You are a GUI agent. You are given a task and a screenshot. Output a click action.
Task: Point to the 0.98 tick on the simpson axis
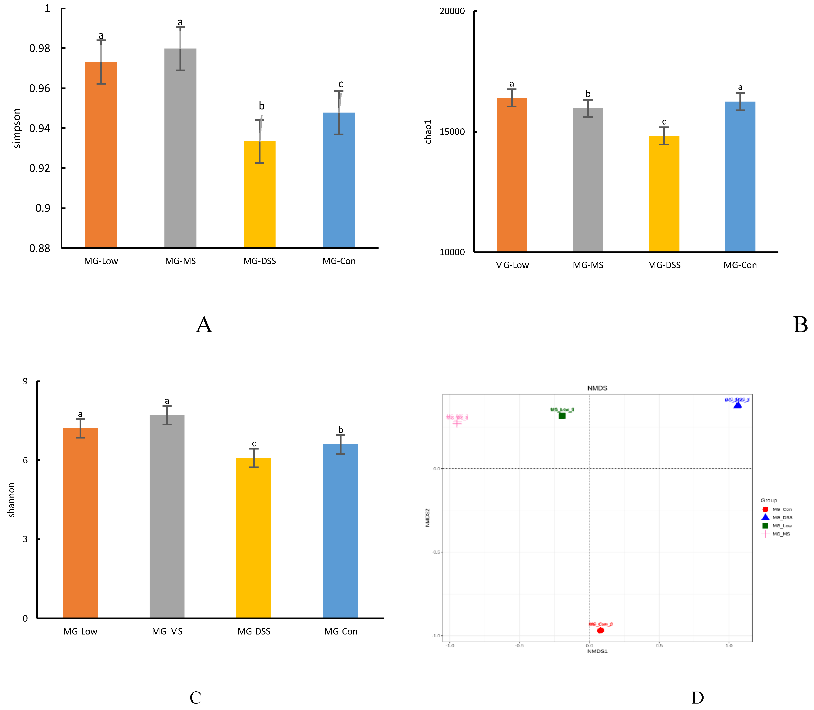point(40,48)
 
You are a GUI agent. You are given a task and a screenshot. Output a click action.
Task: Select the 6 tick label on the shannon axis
point(25,460)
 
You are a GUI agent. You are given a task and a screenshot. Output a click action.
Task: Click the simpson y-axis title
point(17,128)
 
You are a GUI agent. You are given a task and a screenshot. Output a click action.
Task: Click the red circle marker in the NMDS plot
point(600,630)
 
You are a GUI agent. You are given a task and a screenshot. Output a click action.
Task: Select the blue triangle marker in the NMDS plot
point(737,405)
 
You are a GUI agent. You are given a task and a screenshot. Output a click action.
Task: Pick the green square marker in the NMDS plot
point(562,416)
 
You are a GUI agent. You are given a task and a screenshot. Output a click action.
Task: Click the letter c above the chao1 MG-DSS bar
point(664,122)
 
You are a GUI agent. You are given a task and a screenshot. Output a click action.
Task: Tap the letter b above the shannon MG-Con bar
point(340,430)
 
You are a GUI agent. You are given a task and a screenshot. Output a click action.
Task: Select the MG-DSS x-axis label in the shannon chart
point(254,631)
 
